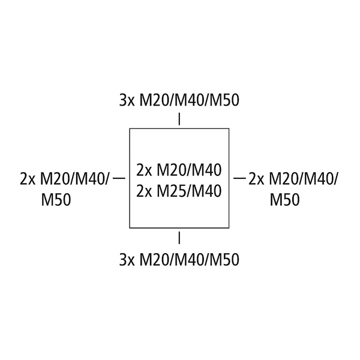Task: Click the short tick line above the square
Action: [179, 119]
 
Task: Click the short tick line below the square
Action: [179, 238]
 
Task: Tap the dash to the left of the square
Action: [119, 178]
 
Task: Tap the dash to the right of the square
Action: [239, 178]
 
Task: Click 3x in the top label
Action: [127, 100]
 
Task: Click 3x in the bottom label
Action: [127, 260]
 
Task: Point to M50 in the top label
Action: [224, 100]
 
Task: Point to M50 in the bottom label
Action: [224, 260]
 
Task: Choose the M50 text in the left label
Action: [56, 199]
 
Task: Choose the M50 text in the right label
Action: [284, 199]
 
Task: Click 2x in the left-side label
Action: [28, 179]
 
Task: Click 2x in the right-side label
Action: [257, 179]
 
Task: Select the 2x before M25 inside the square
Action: [144, 191]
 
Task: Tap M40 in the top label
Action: [189, 100]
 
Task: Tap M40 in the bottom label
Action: [189, 260]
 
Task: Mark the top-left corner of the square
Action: [130, 128]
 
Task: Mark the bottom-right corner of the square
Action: [229, 228]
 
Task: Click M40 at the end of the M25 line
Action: [206, 191]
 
